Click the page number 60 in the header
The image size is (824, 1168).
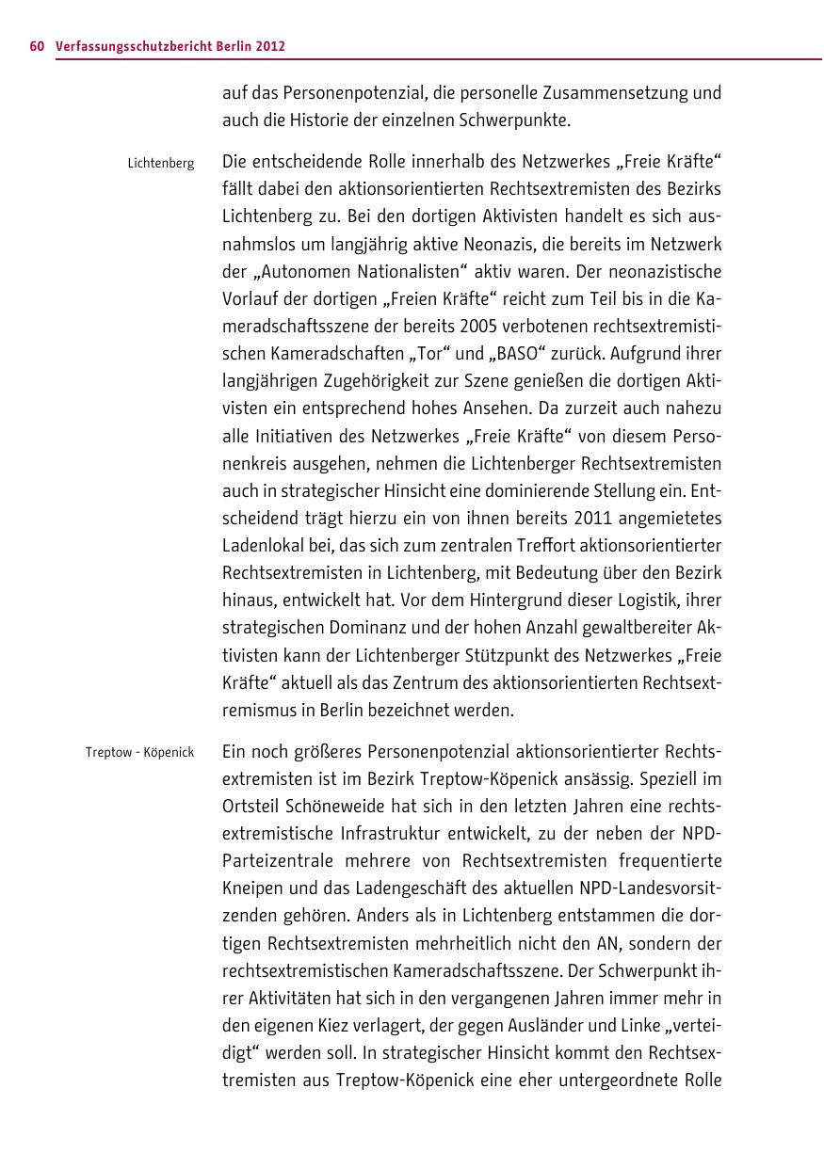(37, 46)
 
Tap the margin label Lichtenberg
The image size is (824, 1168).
(161, 164)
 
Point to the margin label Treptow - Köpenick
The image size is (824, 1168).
(139, 752)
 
